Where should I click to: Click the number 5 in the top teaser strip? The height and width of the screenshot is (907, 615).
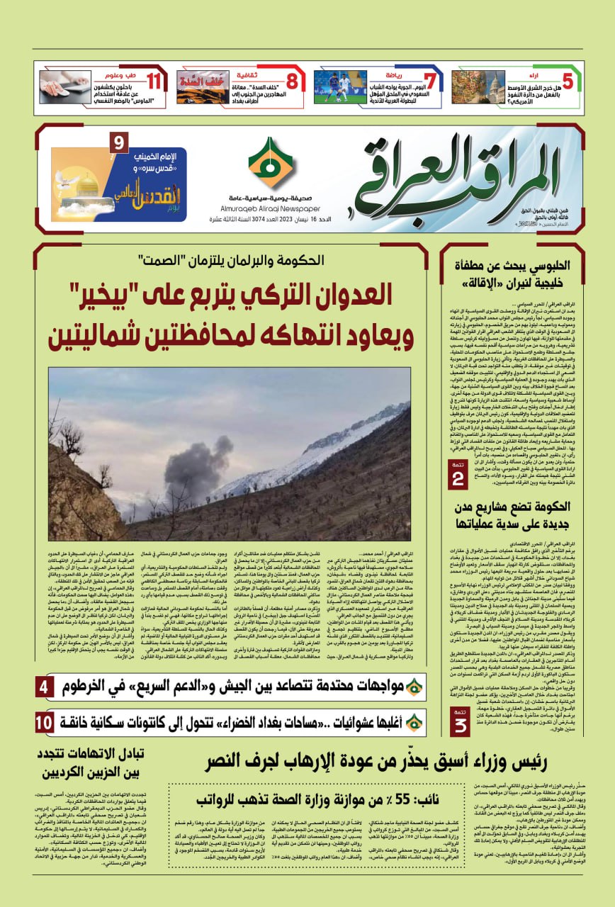[x=567, y=81]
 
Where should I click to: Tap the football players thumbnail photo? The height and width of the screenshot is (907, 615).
[x=340, y=87]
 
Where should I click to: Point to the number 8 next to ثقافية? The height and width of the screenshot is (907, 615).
[x=291, y=81]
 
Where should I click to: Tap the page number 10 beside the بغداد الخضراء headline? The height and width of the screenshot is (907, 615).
[x=44, y=723]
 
